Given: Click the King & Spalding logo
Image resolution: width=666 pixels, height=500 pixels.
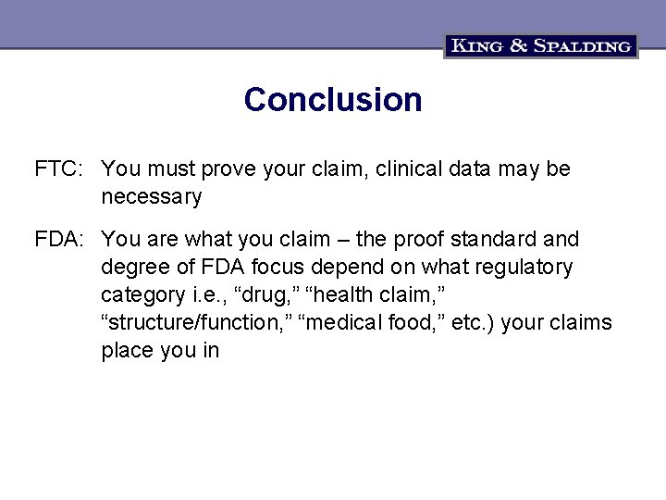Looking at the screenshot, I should pos(541,45).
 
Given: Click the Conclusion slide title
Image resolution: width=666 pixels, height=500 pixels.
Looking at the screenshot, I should pos(333,100).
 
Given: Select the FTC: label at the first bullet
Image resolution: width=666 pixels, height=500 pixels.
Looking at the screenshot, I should pos(60,169).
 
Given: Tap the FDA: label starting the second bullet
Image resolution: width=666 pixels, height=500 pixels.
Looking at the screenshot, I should pos(61,240).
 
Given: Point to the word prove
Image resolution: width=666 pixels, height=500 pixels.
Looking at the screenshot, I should pos(229,169).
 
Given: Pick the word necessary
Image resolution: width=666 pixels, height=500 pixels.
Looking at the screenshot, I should pos(152,197).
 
